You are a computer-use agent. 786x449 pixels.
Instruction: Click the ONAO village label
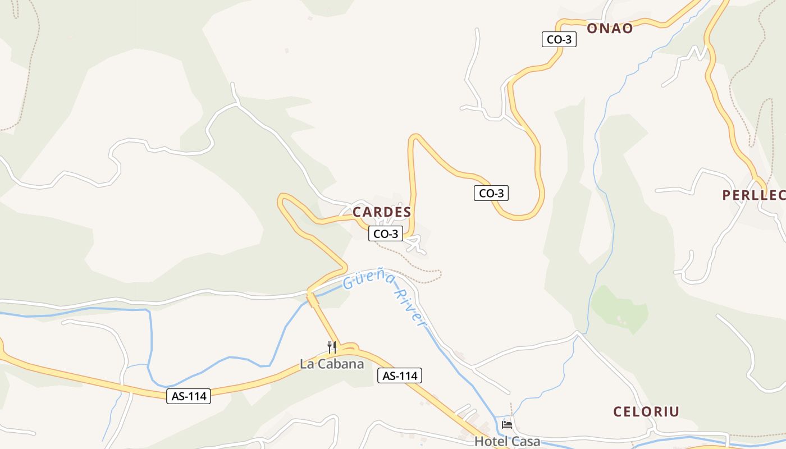(x=610, y=28)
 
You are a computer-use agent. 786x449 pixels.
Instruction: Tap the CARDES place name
(x=382, y=212)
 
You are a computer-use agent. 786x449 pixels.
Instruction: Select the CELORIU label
(x=646, y=411)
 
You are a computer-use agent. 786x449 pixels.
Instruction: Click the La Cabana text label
(x=332, y=364)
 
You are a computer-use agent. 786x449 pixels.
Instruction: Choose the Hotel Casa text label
(x=507, y=441)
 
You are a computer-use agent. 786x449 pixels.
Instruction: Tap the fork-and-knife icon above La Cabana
(x=332, y=347)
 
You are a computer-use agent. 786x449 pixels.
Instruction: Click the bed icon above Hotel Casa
(x=507, y=425)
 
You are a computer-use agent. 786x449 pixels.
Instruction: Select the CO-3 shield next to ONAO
(x=559, y=39)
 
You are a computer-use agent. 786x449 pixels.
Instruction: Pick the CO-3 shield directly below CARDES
(x=386, y=234)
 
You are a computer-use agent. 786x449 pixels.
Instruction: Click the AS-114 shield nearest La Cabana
(x=399, y=376)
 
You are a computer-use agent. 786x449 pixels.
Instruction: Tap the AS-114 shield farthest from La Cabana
(x=189, y=396)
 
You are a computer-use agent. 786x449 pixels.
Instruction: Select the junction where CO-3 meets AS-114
(x=349, y=348)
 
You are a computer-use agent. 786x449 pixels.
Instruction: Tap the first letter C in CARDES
(x=357, y=212)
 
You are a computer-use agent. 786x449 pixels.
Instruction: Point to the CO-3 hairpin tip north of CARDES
(x=414, y=138)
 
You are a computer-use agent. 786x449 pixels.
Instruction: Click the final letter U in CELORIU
(x=675, y=411)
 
